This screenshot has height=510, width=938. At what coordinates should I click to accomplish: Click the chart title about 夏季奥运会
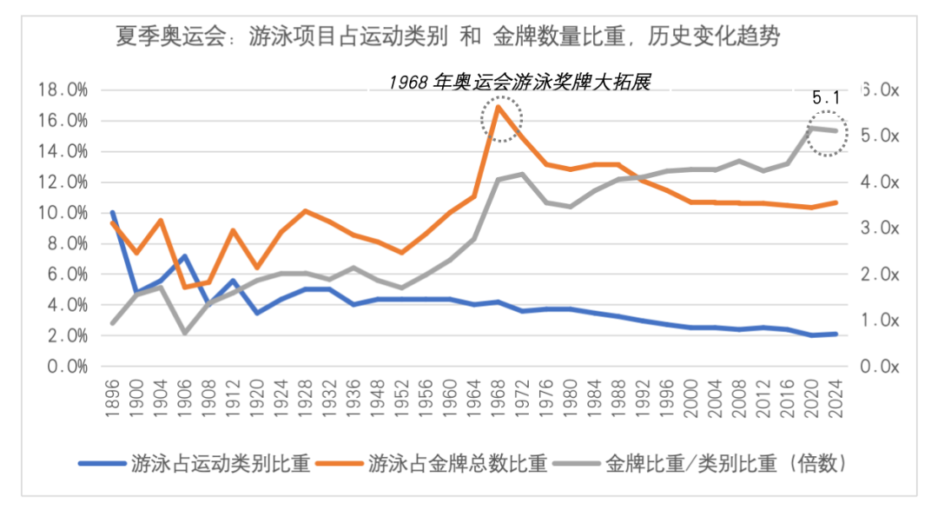[448, 37]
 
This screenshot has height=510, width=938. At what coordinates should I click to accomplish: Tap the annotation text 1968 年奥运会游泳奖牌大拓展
[519, 82]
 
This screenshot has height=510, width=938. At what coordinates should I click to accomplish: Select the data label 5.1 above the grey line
[826, 98]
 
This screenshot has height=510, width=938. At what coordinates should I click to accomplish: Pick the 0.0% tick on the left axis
[66, 367]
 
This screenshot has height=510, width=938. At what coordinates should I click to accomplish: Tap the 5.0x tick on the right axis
[879, 136]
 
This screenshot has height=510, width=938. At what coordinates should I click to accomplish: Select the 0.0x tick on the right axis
[879, 367]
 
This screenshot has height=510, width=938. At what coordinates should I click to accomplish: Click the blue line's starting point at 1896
[113, 212]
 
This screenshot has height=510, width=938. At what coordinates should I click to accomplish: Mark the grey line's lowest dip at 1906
[184, 333]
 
